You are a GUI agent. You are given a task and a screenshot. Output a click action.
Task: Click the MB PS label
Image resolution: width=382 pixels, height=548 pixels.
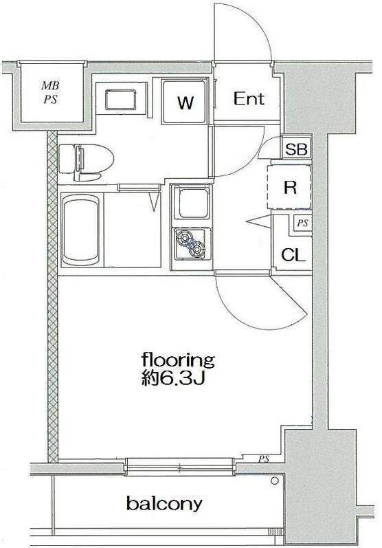(x=50, y=93)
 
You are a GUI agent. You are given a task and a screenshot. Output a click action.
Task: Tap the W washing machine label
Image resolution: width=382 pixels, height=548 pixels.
(x=185, y=102)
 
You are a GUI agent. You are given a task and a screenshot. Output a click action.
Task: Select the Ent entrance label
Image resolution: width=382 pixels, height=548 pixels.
(x=249, y=98)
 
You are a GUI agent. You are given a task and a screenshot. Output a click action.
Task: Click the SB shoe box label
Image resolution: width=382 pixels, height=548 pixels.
(x=296, y=149)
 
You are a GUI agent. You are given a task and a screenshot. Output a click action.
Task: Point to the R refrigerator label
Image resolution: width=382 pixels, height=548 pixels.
(x=290, y=188)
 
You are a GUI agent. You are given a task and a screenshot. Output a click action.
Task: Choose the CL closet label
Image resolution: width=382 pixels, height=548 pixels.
(x=293, y=255)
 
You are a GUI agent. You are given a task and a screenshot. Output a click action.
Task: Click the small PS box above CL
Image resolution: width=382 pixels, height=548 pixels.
(x=302, y=223)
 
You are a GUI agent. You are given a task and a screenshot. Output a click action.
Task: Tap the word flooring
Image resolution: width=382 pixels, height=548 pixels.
(x=178, y=360)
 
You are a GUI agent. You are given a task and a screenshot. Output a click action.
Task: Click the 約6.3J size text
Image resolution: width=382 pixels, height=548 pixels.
(x=173, y=377)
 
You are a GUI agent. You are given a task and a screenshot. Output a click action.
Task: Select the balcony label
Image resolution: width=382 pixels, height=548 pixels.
(x=164, y=504)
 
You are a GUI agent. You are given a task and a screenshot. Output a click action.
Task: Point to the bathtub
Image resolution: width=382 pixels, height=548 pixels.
(x=81, y=230)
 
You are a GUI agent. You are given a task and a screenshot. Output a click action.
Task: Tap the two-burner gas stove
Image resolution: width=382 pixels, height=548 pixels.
(x=192, y=243)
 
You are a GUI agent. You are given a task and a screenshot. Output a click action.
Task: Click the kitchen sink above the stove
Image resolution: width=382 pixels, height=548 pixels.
(x=192, y=203)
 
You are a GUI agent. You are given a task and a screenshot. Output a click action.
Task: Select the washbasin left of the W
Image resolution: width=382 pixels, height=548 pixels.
(x=120, y=99)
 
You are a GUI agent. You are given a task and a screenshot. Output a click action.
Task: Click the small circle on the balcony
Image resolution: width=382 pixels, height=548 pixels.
(x=275, y=481)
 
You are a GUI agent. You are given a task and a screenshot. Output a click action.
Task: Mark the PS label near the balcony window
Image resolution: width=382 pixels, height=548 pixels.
(x=264, y=459)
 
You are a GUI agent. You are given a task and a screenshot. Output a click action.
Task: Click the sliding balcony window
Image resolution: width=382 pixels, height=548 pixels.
(x=179, y=467)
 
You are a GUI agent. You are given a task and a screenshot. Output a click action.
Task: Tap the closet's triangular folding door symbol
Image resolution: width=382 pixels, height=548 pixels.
(x=259, y=221)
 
